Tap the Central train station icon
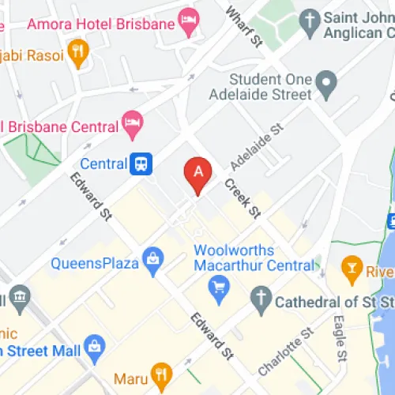pyautogui.click(x=141, y=164)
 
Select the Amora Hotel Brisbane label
pyautogui.click(x=100, y=24)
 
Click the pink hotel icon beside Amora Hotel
pyautogui.click(x=189, y=23)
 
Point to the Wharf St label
pyautogui.click(x=243, y=26)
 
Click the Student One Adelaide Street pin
pyautogui.click(x=325, y=81)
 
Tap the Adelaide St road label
pyautogui.click(x=256, y=148)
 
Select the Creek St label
pyautogui.click(x=242, y=197)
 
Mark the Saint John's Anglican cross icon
pyautogui.click(x=310, y=17)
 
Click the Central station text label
pyautogui.click(x=103, y=164)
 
